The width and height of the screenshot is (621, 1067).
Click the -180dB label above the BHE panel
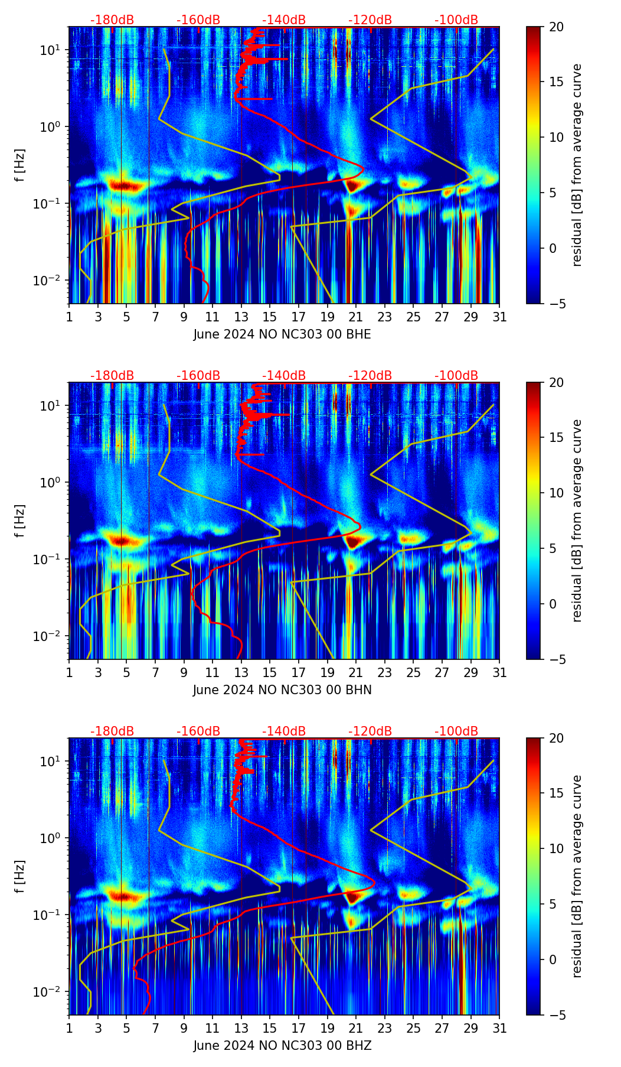112,20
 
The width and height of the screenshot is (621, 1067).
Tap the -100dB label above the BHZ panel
456,731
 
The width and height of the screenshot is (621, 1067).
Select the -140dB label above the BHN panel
284,376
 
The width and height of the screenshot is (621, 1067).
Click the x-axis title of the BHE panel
282,334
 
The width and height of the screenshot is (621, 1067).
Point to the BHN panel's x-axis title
282,690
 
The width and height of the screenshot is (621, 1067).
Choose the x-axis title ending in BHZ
282,1046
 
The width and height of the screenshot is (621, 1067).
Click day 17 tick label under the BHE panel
299,317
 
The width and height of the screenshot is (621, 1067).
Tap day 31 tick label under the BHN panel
499,673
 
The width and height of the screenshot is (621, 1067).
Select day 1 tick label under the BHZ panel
70,1029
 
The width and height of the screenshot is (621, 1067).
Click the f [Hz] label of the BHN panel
19,521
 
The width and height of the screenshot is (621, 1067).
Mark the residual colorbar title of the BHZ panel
577,876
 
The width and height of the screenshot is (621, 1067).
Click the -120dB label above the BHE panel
370,20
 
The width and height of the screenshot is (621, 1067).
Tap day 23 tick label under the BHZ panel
385,1029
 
